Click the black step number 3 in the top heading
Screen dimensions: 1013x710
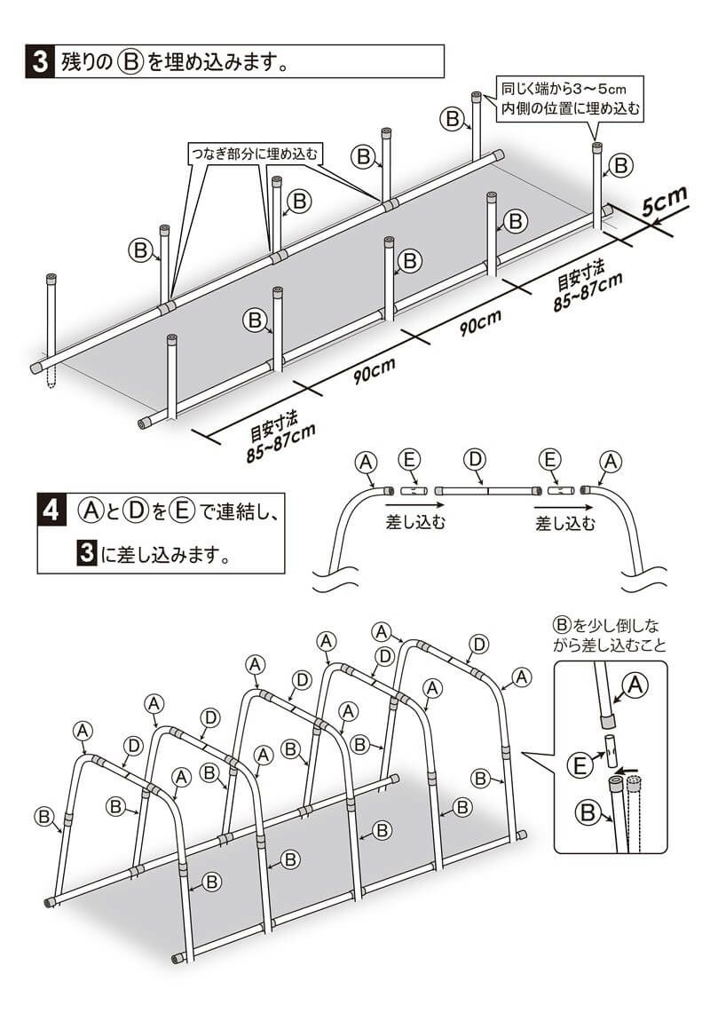tap(39, 63)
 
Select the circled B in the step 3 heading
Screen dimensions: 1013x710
tap(130, 63)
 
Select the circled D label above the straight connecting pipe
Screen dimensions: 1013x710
tap(476, 459)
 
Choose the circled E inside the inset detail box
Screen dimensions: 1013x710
tap(579, 763)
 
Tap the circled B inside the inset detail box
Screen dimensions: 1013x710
tap(587, 811)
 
